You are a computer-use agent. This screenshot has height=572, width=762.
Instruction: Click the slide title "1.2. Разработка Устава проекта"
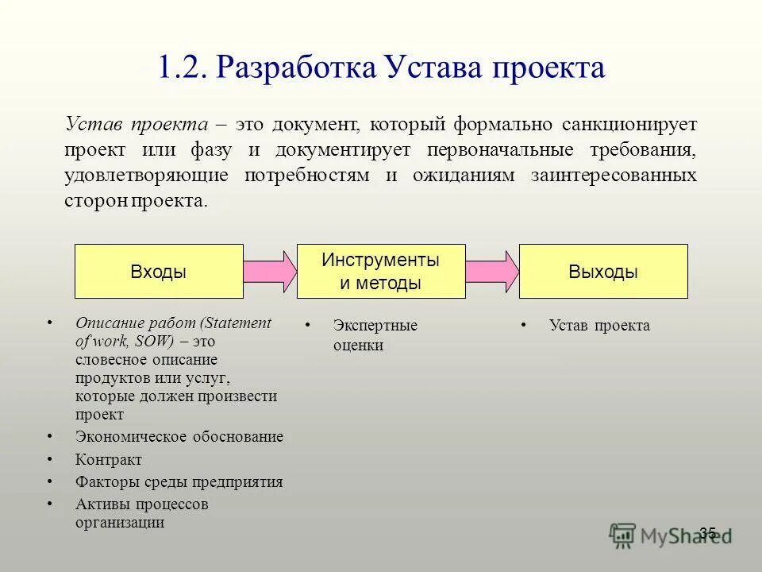coord(381,68)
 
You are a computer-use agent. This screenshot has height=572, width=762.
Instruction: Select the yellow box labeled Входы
coord(159,272)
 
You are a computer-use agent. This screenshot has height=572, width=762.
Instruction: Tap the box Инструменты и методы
coord(380,272)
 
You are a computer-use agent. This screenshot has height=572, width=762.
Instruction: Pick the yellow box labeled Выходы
coord(603,272)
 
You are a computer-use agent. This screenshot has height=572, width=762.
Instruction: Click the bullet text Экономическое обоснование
coord(179,437)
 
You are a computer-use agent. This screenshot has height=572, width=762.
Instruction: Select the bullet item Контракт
coord(109,460)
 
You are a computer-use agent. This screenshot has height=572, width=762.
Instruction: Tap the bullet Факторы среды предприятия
coord(179,482)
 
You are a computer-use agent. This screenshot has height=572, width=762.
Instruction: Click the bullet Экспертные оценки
coord(375,335)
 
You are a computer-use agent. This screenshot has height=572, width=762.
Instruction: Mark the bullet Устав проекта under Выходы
coord(599,326)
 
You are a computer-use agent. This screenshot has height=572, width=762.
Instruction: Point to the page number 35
coord(708,533)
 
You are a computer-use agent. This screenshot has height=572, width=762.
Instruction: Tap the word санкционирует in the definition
coord(630,125)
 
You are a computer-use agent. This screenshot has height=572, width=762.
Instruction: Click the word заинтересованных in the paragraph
coord(613,175)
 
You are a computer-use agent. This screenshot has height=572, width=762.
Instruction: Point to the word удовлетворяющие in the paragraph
coord(147,175)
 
